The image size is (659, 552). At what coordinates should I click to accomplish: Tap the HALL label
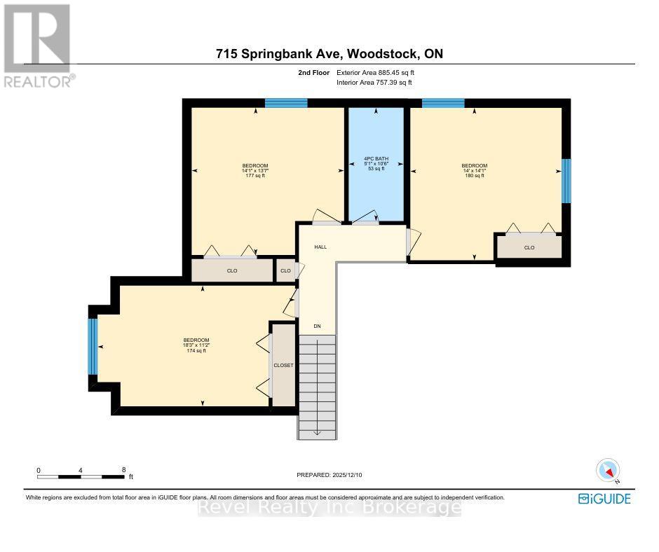point(320,247)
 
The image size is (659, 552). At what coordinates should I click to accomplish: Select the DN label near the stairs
point(317,326)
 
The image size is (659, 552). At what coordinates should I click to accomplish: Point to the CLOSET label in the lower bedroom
point(283,365)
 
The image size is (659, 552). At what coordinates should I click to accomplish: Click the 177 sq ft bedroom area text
point(253,176)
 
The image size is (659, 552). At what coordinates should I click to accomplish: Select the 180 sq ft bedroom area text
point(475,175)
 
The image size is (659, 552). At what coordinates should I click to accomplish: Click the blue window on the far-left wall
point(93,346)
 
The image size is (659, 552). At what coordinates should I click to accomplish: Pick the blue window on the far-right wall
point(566,181)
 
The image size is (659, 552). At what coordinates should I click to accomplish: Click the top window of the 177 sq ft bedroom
point(286,103)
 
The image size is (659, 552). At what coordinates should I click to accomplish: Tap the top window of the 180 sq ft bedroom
point(443,103)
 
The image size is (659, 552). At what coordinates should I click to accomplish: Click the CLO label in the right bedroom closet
point(529,247)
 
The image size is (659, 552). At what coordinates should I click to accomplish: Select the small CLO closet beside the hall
point(285,271)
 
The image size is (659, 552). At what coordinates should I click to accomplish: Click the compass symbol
point(608,470)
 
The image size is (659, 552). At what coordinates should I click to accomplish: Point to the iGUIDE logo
point(604,499)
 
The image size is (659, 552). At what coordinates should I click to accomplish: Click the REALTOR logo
point(36,46)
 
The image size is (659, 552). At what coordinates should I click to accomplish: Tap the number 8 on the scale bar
point(123,470)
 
